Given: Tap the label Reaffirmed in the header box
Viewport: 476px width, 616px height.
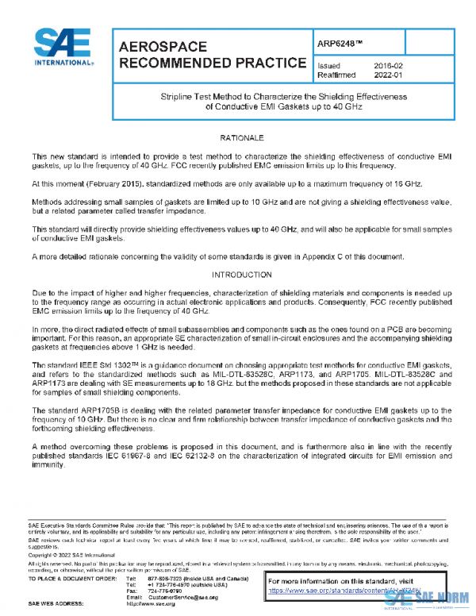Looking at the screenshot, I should point(333,75).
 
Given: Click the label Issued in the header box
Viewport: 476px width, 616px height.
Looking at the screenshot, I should point(328,66).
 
